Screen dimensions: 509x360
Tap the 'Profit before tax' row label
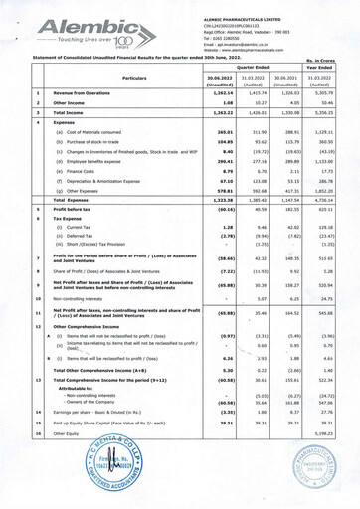coord(63,238)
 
